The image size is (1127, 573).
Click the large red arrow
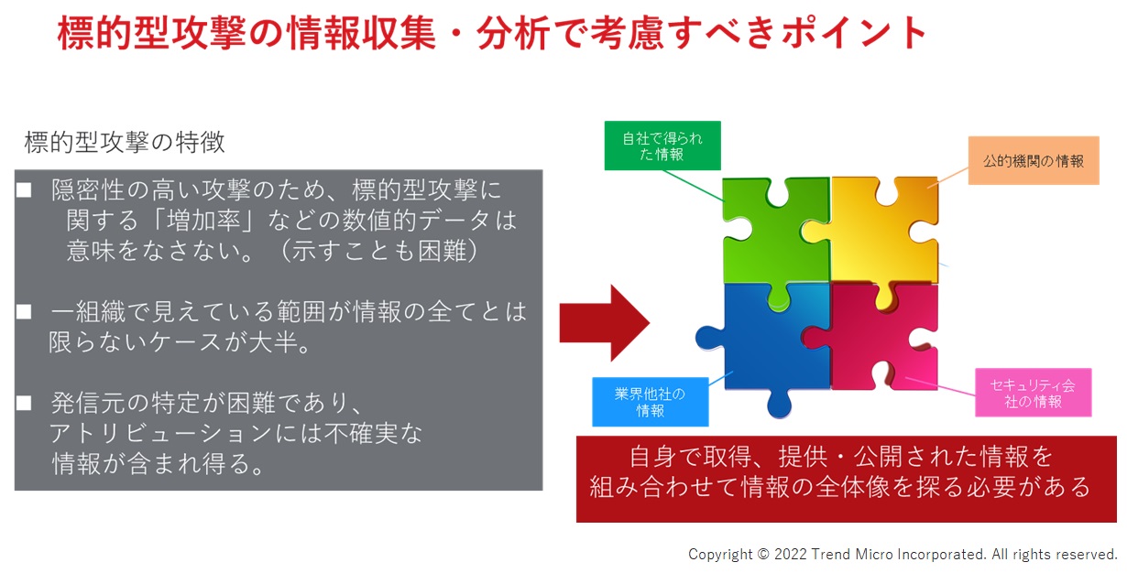click(x=605, y=323)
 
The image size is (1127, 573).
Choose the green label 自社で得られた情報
click(x=662, y=146)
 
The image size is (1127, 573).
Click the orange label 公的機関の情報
click(x=1034, y=161)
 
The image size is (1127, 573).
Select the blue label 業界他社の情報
click(x=650, y=402)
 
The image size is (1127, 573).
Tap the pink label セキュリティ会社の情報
click(x=1034, y=393)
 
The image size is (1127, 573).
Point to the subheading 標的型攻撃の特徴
click(x=125, y=143)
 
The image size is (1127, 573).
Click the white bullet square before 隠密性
click(x=24, y=190)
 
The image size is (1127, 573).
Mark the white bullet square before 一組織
click(x=24, y=312)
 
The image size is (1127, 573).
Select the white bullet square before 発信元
click(x=24, y=403)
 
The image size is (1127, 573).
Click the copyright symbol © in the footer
click(x=763, y=554)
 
